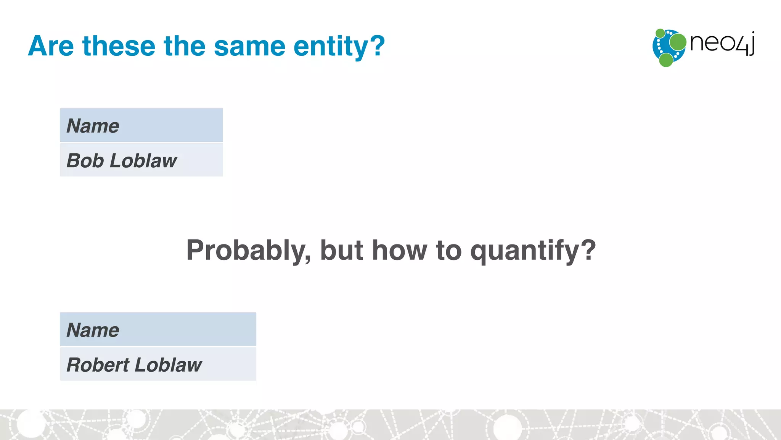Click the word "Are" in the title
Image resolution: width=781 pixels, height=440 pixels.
pyautogui.click(x=51, y=46)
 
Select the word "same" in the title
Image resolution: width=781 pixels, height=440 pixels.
pyautogui.click(x=249, y=46)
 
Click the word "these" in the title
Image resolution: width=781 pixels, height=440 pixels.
pyautogui.click(x=119, y=46)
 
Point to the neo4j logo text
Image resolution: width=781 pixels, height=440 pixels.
pyautogui.click(x=722, y=44)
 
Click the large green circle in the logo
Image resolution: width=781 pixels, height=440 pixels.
pyautogui.click(x=678, y=42)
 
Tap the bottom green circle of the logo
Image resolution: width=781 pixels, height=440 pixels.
pyautogui.click(x=666, y=60)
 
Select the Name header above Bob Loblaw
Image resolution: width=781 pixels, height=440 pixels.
pyautogui.click(x=93, y=126)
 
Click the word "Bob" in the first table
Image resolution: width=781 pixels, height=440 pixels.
pyautogui.click(x=85, y=160)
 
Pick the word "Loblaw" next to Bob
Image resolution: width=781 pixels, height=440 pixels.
pyautogui.click(x=143, y=160)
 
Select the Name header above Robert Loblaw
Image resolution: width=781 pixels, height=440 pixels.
pyautogui.click(x=93, y=330)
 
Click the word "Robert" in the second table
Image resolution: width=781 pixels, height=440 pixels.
pyautogui.click(x=98, y=365)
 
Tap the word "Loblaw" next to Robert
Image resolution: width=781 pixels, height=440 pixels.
pyautogui.click(x=168, y=365)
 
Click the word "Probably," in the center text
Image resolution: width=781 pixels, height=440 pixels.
pyautogui.click(x=248, y=251)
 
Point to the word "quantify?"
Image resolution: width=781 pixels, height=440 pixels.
pyautogui.click(x=533, y=251)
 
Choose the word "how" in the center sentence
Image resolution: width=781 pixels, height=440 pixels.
pyautogui.click(x=399, y=250)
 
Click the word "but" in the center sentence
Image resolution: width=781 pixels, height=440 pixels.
pyautogui.click(x=341, y=250)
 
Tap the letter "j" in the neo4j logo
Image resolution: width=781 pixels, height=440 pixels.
pyautogui.click(x=751, y=44)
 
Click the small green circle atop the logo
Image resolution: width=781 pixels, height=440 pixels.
pyautogui.click(x=660, y=33)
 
